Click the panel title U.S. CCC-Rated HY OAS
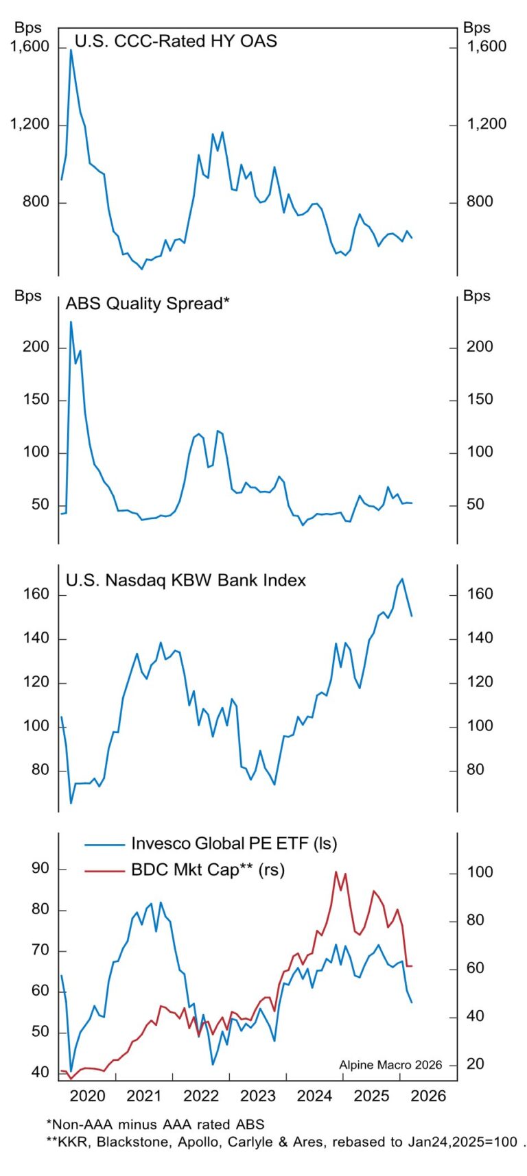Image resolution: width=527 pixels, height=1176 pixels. (176, 41)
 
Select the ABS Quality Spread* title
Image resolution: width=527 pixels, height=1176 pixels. (147, 304)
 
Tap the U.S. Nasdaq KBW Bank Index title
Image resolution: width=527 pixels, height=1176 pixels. (185, 580)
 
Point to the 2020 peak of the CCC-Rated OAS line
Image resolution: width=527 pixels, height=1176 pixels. (71, 50)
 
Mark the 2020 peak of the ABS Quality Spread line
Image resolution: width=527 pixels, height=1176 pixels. (71, 322)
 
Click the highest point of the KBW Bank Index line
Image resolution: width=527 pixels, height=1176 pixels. (402, 579)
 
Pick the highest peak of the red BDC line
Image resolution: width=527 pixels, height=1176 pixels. (336, 872)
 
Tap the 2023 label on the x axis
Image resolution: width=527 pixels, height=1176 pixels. (257, 1096)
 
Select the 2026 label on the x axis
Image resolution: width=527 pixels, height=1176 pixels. (428, 1096)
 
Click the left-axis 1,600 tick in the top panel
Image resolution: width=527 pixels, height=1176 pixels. (30, 47)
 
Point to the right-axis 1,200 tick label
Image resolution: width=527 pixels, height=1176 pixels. (487, 124)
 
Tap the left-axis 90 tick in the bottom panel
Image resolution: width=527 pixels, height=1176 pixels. (40, 869)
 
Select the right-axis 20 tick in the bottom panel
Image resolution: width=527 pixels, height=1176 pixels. (475, 1064)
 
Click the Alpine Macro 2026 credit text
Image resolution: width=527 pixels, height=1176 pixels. (390, 1065)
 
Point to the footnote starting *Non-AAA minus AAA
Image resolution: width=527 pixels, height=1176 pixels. (155, 1125)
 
